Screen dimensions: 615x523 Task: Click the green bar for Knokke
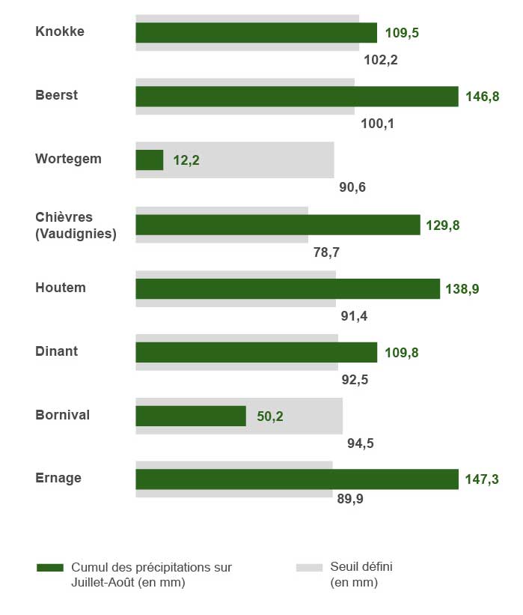click(x=256, y=33)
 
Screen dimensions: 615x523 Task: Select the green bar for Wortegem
click(x=149, y=160)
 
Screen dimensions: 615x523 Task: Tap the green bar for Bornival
click(x=190, y=416)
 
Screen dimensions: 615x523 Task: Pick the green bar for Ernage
click(x=296, y=479)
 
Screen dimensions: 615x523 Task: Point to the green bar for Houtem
click(x=287, y=288)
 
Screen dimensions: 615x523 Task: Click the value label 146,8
click(x=483, y=97)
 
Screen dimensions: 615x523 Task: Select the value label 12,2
click(x=186, y=160)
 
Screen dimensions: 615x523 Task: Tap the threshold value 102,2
click(x=380, y=60)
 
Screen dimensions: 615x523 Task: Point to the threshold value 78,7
click(x=327, y=252)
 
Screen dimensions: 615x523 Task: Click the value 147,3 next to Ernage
click(x=484, y=479)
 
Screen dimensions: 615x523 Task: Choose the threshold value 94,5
click(x=361, y=443)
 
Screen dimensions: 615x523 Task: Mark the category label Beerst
click(x=57, y=95)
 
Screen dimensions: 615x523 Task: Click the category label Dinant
click(x=57, y=351)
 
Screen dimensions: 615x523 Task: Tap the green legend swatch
click(x=49, y=568)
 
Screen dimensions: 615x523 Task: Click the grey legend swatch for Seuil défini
click(x=309, y=568)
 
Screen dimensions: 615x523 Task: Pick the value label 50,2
click(x=270, y=416)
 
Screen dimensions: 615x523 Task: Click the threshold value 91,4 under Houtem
click(x=354, y=315)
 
